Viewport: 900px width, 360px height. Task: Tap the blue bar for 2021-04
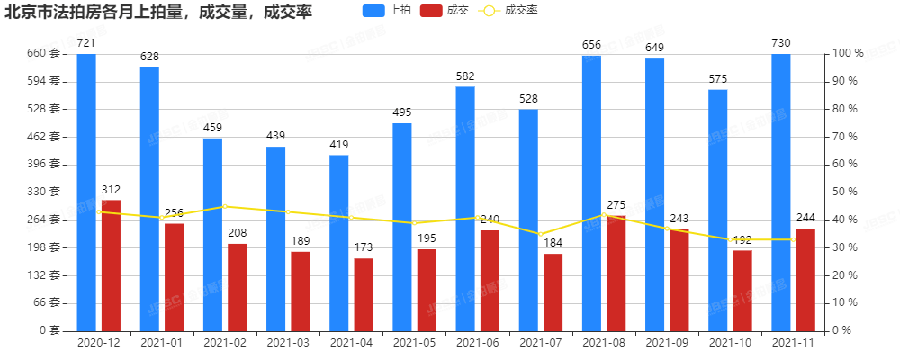339,243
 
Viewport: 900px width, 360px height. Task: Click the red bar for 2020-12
111,265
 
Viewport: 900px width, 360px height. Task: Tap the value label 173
364,247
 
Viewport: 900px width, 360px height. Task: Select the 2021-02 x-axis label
225,343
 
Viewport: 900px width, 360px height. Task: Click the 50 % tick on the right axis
846,192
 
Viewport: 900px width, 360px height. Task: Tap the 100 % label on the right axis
849,53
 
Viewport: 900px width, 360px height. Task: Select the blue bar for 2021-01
149,199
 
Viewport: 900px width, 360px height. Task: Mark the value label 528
528,99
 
